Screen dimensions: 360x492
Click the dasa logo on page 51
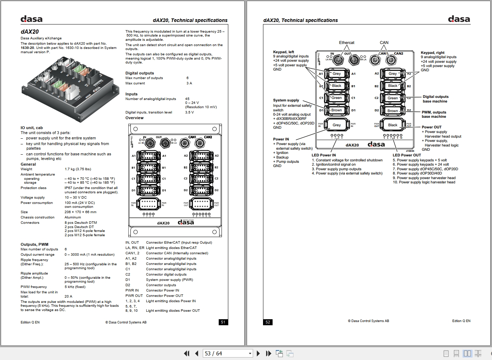point(32,19)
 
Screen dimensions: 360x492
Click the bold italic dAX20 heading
point(30,32)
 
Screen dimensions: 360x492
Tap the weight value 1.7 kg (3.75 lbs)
point(78,169)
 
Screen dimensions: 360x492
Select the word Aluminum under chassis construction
point(73,217)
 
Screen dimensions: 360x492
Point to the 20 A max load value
point(68,296)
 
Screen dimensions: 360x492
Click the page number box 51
point(223,322)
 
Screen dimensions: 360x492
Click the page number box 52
point(268,322)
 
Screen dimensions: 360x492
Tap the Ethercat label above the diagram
point(346,43)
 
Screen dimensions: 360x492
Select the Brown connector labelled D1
point(336,110)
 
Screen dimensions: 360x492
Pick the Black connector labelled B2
point(392,86)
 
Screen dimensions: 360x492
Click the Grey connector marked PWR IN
point(336,125)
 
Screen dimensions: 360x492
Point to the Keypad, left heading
point(284,52)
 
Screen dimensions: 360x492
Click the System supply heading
point(286,100)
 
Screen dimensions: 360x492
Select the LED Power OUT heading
point(407,155)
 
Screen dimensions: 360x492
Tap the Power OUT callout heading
point(431,127)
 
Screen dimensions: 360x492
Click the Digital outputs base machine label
point(435,99)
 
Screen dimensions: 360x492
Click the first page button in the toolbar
point(186,353)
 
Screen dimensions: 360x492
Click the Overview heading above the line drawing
point(134,118)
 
